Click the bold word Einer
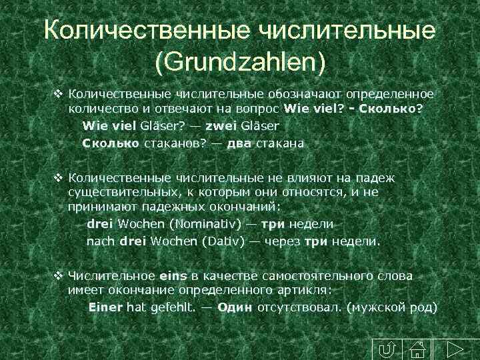click(106, 308)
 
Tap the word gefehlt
click(171, 308)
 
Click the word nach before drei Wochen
click(101, 241)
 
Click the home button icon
click(417, 349)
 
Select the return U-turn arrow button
click(385, 349)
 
